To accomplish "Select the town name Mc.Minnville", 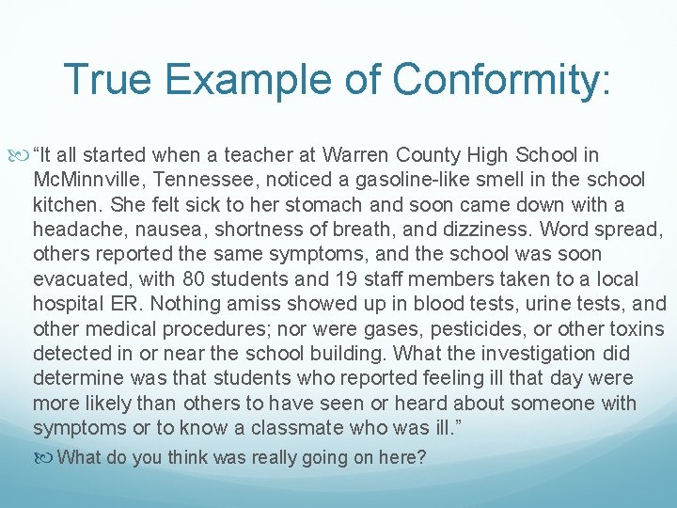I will [87, 180].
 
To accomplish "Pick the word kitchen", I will [66, 205].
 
